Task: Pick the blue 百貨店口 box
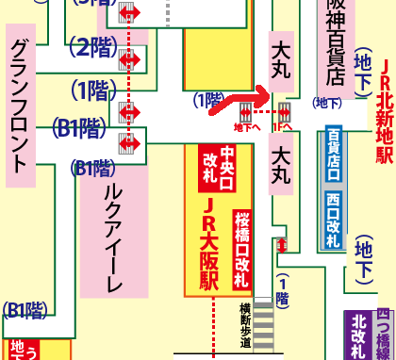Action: click(333, 155)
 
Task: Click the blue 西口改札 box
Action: click(333, 220)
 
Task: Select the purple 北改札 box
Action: click(357, 335)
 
